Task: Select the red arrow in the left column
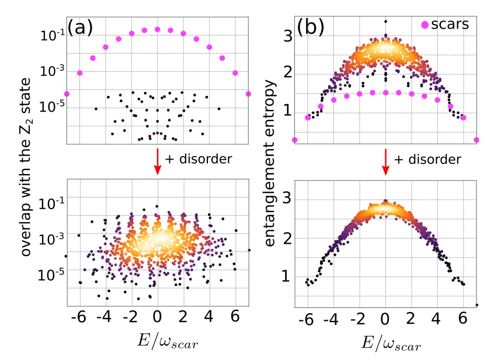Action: tap(157, 162)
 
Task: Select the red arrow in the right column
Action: tap(385, 162)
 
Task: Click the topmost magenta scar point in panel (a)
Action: tap(157, 29)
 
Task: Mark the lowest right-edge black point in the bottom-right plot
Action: tap(477, 304)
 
